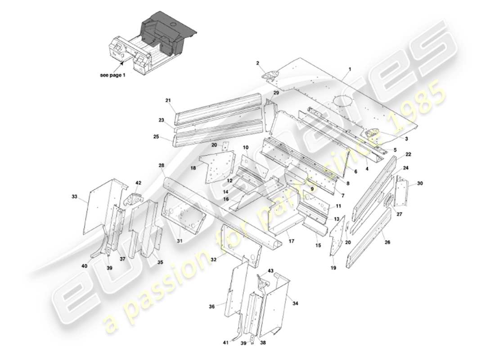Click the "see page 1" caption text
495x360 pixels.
point(112,75)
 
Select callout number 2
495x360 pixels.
point(258,64)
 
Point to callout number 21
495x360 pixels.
point(168,100)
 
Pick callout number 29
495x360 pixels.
point(276,92)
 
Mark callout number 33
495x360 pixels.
point(74,197)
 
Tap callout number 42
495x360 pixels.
point(138,183)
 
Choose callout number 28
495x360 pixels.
point(161,166)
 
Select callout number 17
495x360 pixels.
point(291,241)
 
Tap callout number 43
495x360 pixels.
point(270,270)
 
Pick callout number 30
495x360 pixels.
point(420,183)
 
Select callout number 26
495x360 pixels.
point(387,242)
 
